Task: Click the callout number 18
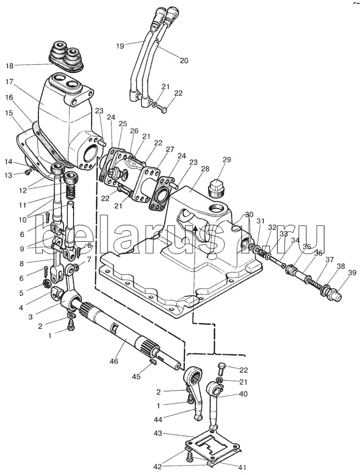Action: pyautogui.click(x=10, y=66)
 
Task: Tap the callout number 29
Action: pyautogui.click(x=227, y=160)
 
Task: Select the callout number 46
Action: pyautogui.click(x=114, y=361)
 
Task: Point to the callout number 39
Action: pyautogui.click(x=352, y=273)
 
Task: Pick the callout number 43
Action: pyautogui.click(x=157, y=433)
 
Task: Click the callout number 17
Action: pyautogui.click(x=10, y=81)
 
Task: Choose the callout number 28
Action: pyautogui.click(x=205, y=169)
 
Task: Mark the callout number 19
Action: pyautogui.click(x=120, y=46)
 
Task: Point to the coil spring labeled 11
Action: pyautogui.click(x=70, y=192)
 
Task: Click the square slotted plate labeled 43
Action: pyautogui.click(x=212, y=447)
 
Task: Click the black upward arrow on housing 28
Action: pyautogui.click(x=196, y=230)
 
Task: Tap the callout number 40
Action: pyautogui.click(x=243, y=394)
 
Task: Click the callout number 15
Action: pyautogui.click(x=9, y=113)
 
